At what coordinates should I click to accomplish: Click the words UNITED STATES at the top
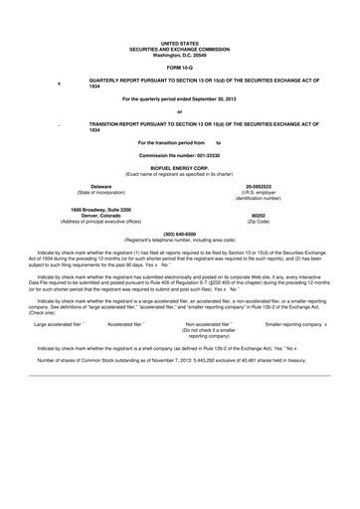[x=179, y=45]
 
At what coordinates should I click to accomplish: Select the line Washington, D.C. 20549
[x=179, y=55]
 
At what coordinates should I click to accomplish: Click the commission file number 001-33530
[x=199, y=156]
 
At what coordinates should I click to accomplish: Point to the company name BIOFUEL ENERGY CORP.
[x=179, y=169]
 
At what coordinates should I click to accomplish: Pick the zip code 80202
[x=258, y=214]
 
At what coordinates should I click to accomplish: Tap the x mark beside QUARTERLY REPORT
[x=60, y=84]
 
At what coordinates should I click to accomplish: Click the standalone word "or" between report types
[x=179, y=111]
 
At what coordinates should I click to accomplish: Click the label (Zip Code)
[x=258, y=220]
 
